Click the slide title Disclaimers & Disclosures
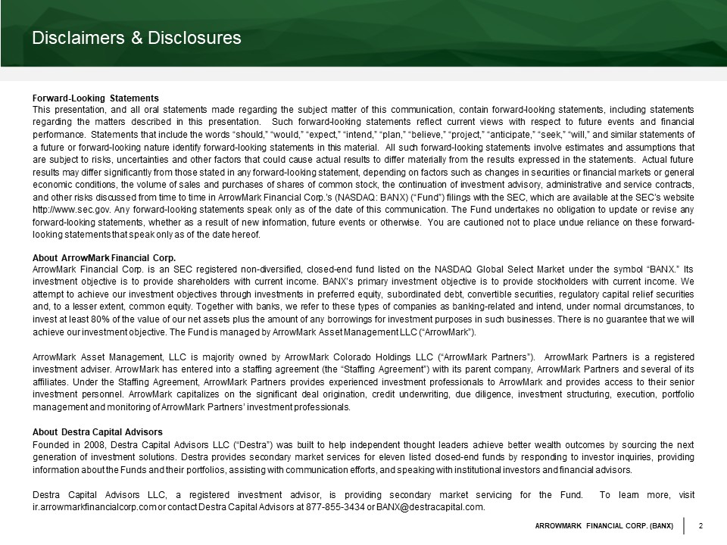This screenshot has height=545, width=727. [136, 38]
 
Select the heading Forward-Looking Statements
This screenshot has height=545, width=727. [95, 98]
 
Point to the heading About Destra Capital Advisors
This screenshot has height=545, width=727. [97, 432]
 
